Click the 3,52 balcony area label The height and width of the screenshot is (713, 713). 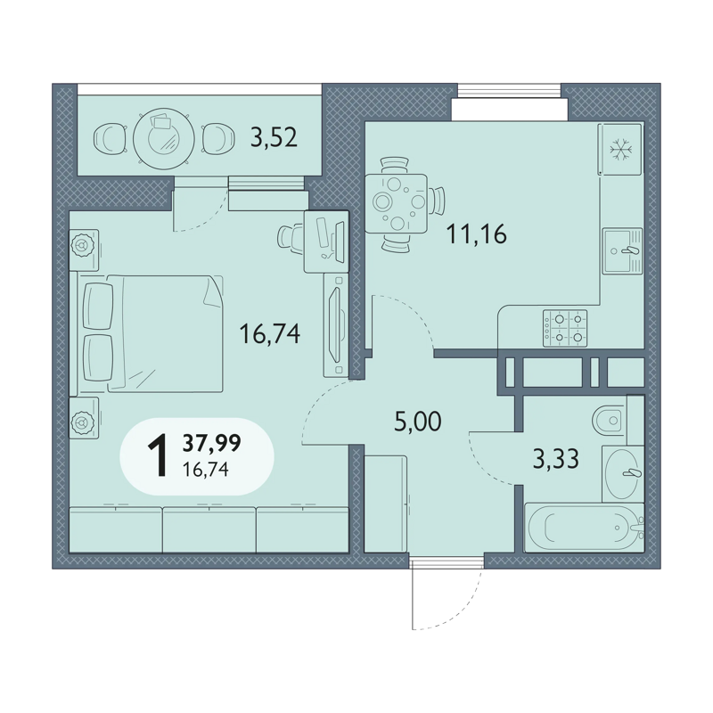(274, 137)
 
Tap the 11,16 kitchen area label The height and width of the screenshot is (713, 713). (477, 234)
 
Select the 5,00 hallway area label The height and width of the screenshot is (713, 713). (418, 422)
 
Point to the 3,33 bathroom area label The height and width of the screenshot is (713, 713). (555, 459)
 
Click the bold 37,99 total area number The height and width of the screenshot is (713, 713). (211, 443)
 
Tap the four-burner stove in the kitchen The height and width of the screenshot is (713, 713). (565, 328)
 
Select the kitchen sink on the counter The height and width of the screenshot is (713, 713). (622, 251)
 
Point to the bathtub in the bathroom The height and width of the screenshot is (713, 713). (585, 528)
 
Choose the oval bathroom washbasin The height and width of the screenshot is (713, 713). (622, 474)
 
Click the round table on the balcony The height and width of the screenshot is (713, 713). (164, 138)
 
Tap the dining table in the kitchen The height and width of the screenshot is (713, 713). (396, 204)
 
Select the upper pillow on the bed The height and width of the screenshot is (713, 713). (98, 306)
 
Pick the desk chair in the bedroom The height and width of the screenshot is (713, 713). (291, 235)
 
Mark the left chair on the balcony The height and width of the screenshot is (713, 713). (110, 138)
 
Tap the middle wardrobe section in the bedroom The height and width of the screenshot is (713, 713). (209, 529)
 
